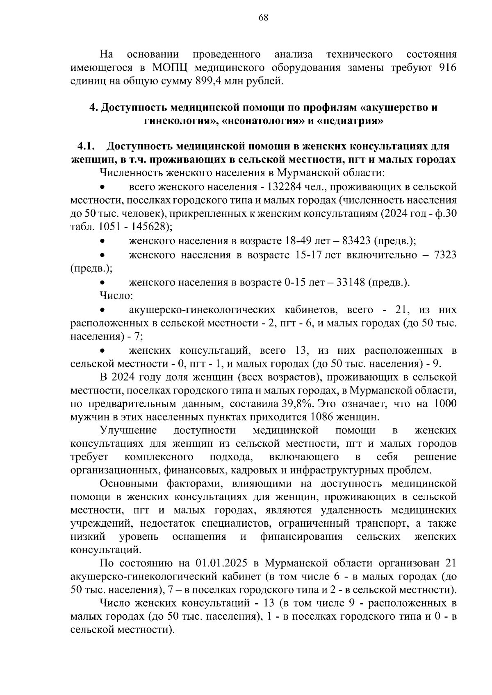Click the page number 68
(x=263, y=17)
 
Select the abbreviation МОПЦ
(x=171, y=68)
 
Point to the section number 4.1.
(x=86, y=146)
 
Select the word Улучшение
(x=129, y=430)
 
